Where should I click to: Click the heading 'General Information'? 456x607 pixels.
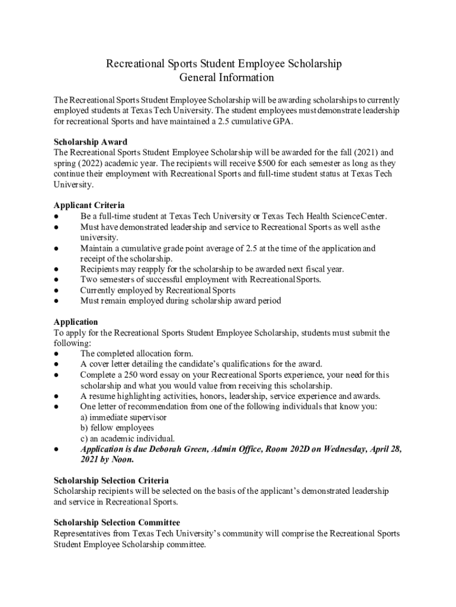(226, 77)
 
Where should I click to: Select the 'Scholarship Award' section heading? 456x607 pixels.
(91, 142)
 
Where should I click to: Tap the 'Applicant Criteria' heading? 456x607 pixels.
(89, 205)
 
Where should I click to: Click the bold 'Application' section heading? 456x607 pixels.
(76, 322)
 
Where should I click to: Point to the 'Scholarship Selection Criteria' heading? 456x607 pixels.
(111, 480)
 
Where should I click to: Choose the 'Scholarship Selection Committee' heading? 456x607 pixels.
(117, 522)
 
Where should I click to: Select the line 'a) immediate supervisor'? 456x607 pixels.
(123, 417)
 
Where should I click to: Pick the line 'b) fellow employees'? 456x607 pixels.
(117, 427)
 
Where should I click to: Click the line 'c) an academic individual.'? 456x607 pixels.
(127, 438)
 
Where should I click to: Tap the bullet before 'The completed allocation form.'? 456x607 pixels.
(56, 354)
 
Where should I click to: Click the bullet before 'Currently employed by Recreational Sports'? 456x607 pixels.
(56, 290)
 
